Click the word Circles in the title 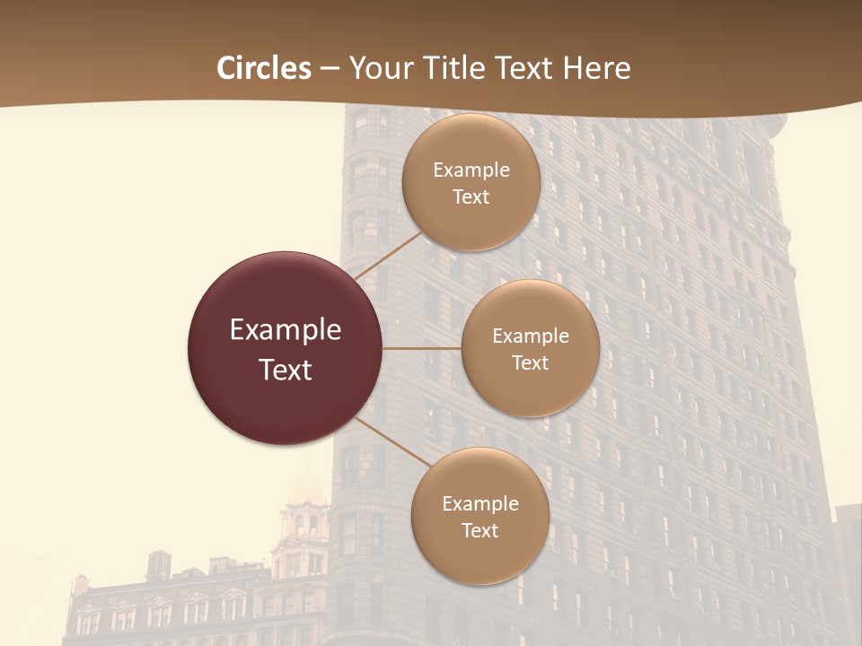[x=263, y=68]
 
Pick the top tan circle [x=471, y=224]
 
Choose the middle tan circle [x=530, y=395]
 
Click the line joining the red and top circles [x=387, y=255]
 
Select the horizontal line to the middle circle [x=421, y=348]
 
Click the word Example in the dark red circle [x=286, y=330]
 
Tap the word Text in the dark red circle [x=286, y=370]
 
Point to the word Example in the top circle [x=471, y=170]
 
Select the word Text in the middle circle [x=530, y=362]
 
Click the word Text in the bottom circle [x=479, y=530]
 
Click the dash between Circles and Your [x=330, y=68]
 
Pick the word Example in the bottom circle [x=480, y=503]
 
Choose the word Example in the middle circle [x=531, y=336]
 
